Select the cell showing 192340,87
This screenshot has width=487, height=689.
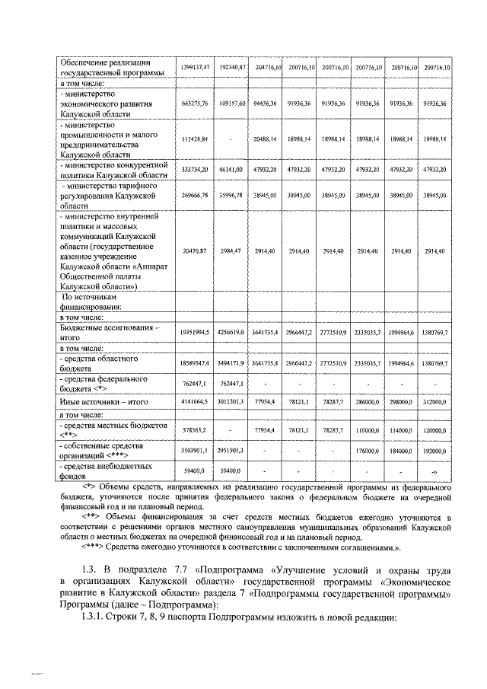click(x=234, y=68)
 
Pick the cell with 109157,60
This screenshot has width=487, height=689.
click(x=234, y=103)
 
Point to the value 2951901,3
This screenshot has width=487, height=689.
click(x=234, y=451)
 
